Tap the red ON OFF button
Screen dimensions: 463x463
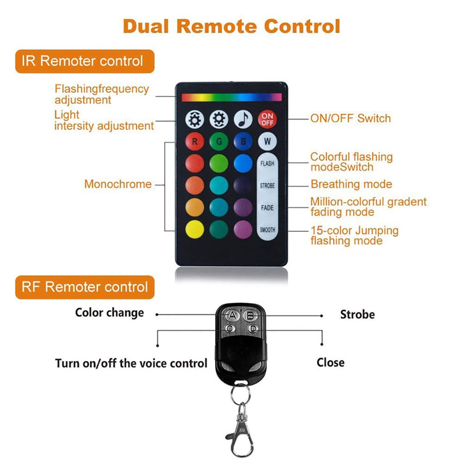click(267, 119)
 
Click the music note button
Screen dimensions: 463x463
click(243, 119)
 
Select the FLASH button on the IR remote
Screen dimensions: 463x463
click(267, 163)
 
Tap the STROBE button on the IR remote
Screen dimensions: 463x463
click(267, 186)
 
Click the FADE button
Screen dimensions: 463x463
click(267, 208)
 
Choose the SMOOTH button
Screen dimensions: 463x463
click(267, 230)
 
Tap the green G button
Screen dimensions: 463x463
click(219, 141)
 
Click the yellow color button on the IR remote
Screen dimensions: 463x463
click(194, 230)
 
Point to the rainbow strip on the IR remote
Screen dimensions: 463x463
click(231, 97)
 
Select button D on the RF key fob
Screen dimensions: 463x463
click(252, 328)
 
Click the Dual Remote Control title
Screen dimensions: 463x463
click(231, 26)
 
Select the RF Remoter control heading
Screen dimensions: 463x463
click(85, 287)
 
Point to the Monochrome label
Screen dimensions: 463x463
click(118, 184)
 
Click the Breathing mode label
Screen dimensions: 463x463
click(351, 184)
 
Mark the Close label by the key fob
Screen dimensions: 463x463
click(331, 362)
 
